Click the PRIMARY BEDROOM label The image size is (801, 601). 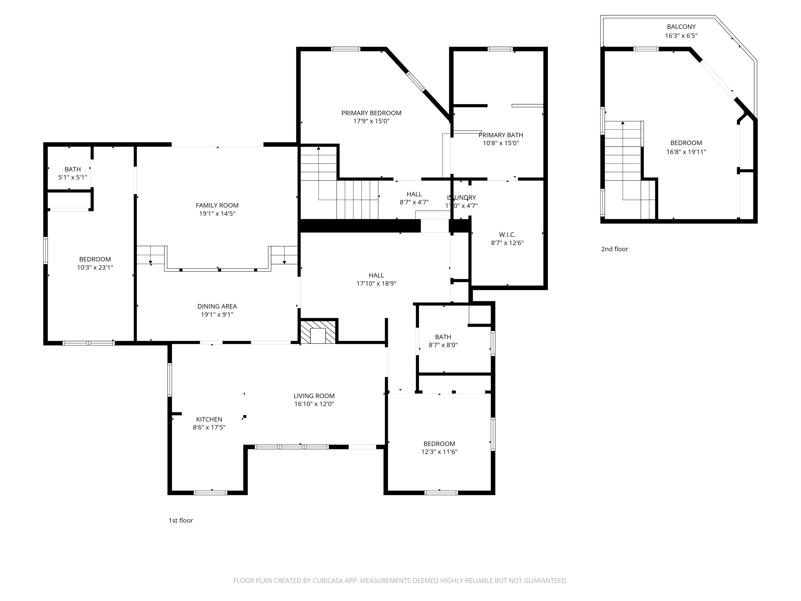point(371,113)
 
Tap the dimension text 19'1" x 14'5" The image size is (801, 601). point(217,214)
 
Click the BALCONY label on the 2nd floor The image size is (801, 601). point(681,27)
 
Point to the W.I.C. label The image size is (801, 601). point(507,235)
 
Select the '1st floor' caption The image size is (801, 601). point(181,521)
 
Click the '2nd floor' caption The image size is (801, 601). point(615,249)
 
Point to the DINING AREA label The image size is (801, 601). point(217,306)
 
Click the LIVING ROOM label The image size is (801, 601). point(314,396)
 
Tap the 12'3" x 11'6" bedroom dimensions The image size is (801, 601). point(439,452)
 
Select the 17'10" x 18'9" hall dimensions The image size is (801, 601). point(376,284)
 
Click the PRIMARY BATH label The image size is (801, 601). point(501,135)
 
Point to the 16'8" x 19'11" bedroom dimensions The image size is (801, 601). point(686,152)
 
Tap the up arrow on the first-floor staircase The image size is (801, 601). point(319,148)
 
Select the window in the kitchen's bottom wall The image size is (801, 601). point(210,492)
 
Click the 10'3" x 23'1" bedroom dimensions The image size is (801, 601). point(95,268)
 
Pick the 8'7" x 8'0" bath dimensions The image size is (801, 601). point(443,345)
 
